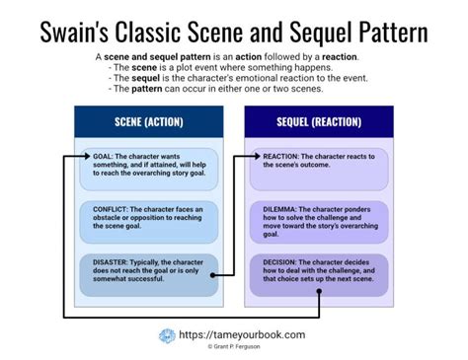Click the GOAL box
tap(148, 170)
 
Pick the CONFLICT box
tap(148, 222)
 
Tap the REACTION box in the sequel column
tap(318, 162)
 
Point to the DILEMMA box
tap(318, 222)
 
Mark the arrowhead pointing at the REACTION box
tap(259, 156)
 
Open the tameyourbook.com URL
tap(241, 334)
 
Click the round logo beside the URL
tap(167, 336)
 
